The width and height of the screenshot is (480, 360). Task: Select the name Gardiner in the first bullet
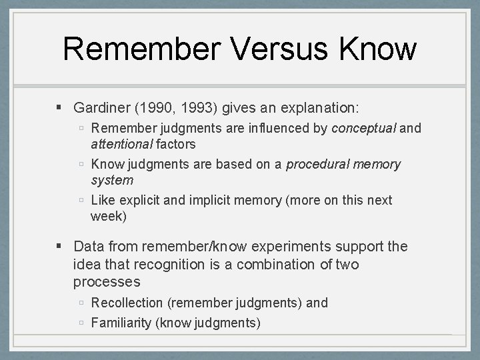[x=101, y=107]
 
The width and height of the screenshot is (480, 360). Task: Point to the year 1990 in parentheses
[x=151, y=107]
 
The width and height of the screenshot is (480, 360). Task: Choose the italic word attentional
[x=121, y=143]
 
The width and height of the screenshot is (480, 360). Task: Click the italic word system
[x=112, y=179]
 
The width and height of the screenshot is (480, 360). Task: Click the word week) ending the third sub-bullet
[x=109, y=216]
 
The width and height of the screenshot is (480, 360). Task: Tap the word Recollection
[x=127, y=303]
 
